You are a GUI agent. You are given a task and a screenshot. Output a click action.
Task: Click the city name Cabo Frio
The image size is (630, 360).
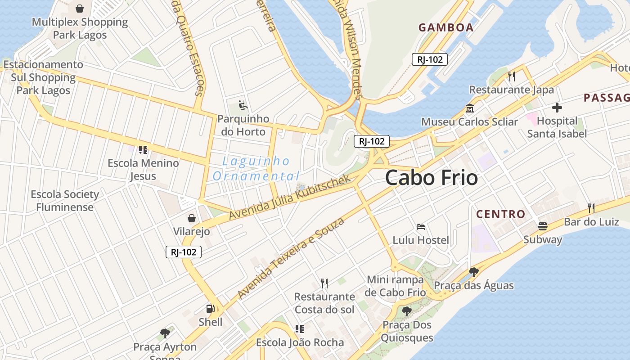tap(431, 178)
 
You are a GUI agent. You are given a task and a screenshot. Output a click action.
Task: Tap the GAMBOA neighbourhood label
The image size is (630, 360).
tap(446, 27)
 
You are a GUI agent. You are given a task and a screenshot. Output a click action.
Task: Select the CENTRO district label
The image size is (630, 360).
tap(501, 214)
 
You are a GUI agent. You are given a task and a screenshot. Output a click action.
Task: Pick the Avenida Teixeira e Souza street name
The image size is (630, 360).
tap(291, 258)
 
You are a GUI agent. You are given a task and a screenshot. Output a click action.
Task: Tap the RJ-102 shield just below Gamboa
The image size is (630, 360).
tap(430, 59)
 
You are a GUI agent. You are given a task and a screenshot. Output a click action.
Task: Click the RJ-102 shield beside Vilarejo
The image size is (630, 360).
tap(184, 252)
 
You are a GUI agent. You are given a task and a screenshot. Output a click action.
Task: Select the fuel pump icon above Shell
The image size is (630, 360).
tap(210, 309)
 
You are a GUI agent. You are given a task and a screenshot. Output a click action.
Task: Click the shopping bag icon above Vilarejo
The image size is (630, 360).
tap(192, 218)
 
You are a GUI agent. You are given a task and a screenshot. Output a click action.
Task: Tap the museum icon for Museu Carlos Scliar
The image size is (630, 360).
tap(470, 108)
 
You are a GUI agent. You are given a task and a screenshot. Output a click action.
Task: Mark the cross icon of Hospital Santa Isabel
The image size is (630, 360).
tap(557, 108)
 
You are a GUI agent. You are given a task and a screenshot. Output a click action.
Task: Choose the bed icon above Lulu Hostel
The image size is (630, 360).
tap(421, 226)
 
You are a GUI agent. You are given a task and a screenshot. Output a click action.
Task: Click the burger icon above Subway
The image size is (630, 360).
tap(543, 226)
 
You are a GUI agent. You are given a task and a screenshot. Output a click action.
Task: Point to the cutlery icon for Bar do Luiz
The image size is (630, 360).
tap(591, 208)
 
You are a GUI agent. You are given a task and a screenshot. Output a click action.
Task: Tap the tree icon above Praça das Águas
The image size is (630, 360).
tap(473, 272)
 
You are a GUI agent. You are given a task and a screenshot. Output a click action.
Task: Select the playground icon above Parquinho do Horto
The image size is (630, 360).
tap(243, 105)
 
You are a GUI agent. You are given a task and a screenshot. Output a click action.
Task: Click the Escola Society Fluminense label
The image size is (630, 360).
tap(65, 201)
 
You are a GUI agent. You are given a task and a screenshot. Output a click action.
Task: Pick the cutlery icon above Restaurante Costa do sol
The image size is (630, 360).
tap(324, 283)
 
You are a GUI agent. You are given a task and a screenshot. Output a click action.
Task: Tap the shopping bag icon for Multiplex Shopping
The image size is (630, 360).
tap(80, 9)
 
